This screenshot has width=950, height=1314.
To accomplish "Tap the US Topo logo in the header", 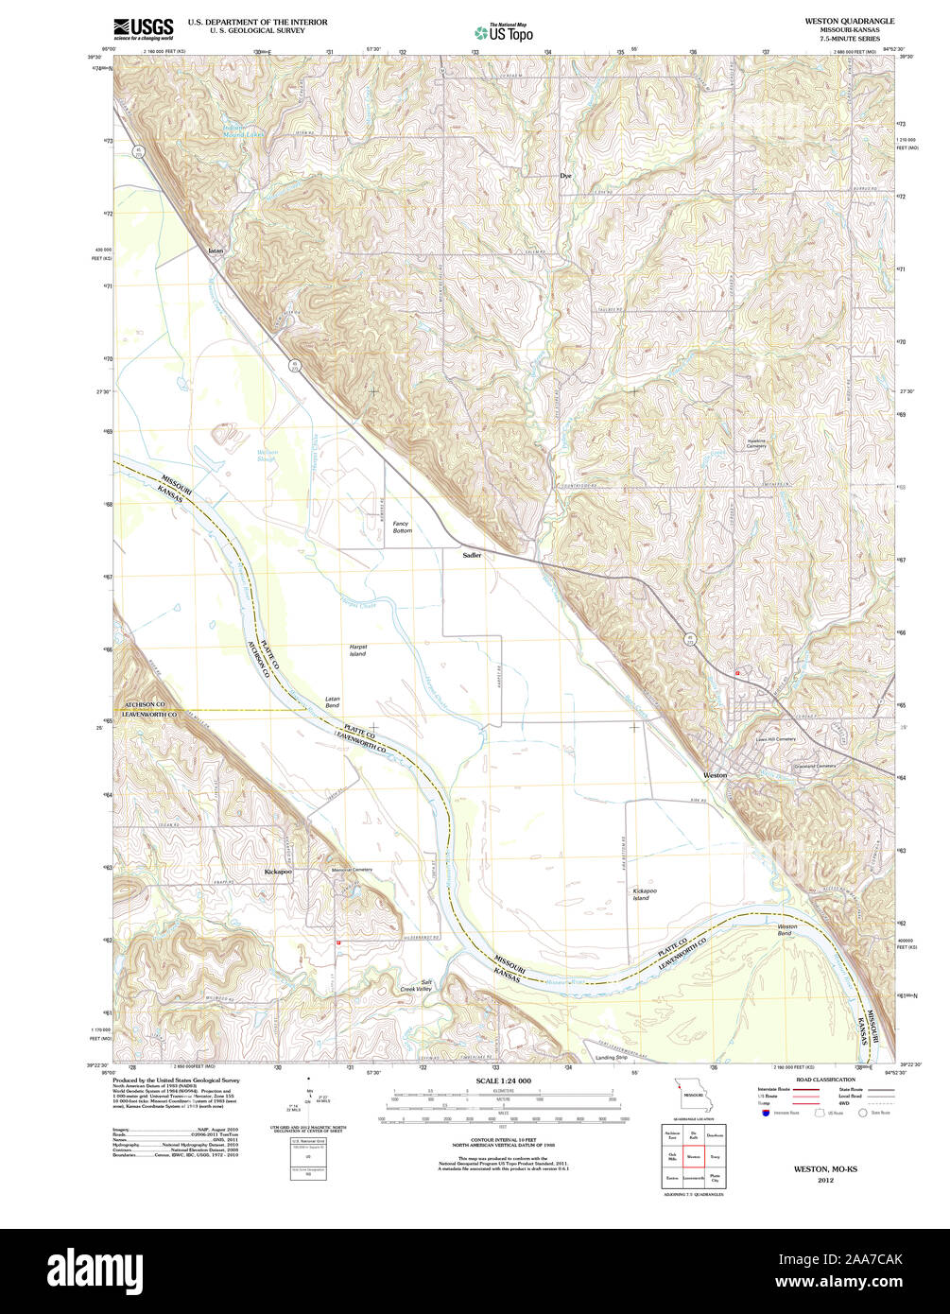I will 503,32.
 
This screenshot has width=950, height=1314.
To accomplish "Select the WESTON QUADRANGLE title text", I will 849,20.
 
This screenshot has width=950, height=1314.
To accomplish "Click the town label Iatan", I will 216,251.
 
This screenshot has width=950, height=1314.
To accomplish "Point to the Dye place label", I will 565,176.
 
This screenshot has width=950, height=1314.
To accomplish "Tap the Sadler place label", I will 472,555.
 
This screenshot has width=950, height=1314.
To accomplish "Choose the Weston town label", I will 715,775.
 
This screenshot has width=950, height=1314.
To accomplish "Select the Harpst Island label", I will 357,649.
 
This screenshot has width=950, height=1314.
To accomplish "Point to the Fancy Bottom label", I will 402,527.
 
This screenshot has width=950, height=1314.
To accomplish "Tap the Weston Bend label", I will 786,929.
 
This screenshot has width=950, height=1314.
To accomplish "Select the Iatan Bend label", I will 333,701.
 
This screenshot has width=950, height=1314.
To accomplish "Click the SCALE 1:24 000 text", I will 503,1081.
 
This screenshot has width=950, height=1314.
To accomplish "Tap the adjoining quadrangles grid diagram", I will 694,1156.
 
